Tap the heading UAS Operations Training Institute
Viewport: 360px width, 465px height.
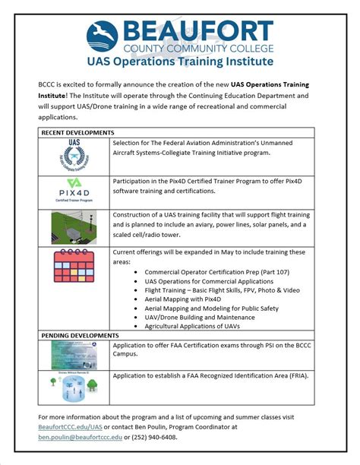click(x=180, y=60)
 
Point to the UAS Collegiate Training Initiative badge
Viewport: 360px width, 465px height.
click(x=74, y=157)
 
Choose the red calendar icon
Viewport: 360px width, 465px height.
click(x=74, y=267)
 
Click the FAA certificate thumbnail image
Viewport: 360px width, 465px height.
click(x=74, y=354)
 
